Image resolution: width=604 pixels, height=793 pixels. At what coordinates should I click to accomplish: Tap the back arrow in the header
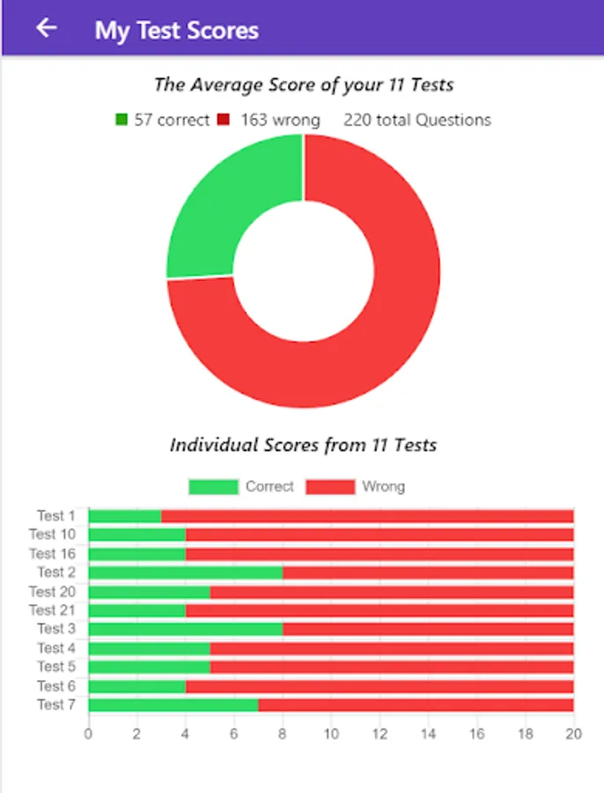(x=46, y=28)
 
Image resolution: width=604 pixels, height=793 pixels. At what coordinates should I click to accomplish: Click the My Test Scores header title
(x=176, y=31)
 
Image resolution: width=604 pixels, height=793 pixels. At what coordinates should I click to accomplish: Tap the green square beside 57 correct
(x=122, y=120)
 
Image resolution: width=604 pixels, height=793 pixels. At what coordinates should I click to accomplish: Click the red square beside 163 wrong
(x=224, y=120)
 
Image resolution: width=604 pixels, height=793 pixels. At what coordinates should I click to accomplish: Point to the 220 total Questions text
(x=416, y=120)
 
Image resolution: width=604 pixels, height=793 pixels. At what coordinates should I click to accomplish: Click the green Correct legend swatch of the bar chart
(x=213, y=486)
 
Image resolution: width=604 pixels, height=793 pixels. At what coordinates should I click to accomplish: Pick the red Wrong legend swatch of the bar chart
(x=330, y=486)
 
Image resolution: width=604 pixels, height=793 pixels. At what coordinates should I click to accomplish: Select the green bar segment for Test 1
(x=125, y=515)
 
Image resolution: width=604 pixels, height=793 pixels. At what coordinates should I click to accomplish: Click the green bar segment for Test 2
(x=185, y=573)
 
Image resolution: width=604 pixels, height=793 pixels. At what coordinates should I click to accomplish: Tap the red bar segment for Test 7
(x=416, y=704)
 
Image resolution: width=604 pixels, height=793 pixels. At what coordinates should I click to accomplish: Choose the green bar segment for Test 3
(x=185, y=629)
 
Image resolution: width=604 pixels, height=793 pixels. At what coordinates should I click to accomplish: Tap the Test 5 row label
(x=55, y=666)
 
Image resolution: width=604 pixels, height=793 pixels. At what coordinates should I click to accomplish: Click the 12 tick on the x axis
(x=379, y=733)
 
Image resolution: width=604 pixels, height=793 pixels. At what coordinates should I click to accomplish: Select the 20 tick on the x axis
(x=573, y=733)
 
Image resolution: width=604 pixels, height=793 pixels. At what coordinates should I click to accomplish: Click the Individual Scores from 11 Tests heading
(x=303, y=445)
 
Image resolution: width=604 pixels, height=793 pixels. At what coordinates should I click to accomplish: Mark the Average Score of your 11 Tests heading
(x=303, y=85)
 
